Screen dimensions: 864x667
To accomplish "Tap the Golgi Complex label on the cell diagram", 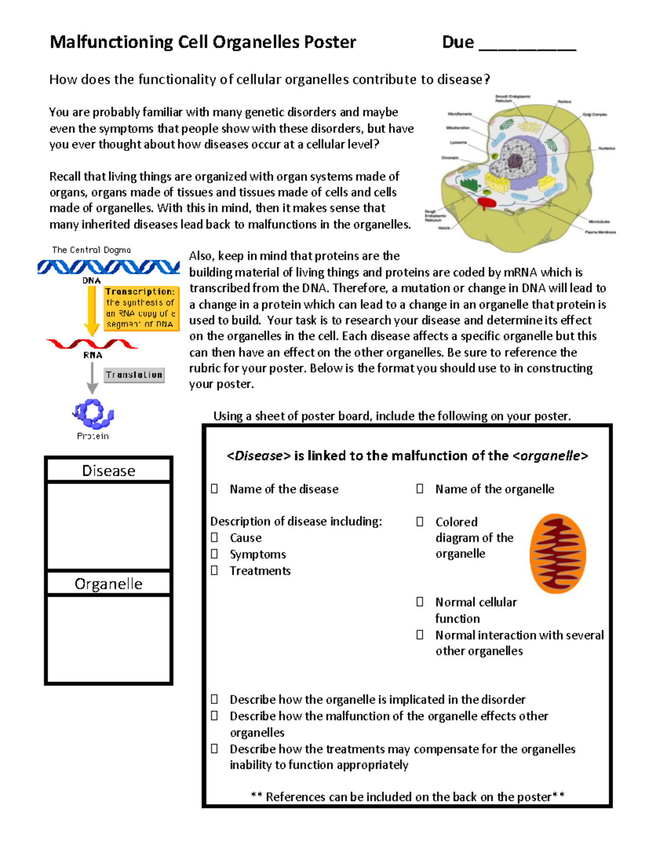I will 594,115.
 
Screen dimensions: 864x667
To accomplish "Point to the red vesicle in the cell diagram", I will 487,203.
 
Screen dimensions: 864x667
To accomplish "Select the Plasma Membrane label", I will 600,232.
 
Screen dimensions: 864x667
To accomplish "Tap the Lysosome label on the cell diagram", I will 459,142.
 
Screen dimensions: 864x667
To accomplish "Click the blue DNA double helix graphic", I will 108,267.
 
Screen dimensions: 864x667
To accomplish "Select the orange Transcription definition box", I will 141,308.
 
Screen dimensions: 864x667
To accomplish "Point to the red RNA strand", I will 92,344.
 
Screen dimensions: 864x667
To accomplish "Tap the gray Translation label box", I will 134,375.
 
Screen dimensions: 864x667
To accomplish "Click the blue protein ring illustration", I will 93,413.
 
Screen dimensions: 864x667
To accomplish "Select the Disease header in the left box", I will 108,471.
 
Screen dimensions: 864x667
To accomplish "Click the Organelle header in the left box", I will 108,584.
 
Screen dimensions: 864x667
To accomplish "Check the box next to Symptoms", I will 215,554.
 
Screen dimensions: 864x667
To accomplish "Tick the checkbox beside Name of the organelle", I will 420,488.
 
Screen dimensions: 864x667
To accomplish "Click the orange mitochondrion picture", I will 558,554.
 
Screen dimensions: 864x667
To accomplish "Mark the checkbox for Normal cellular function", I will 420,602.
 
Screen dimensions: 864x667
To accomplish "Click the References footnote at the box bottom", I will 407,797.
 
